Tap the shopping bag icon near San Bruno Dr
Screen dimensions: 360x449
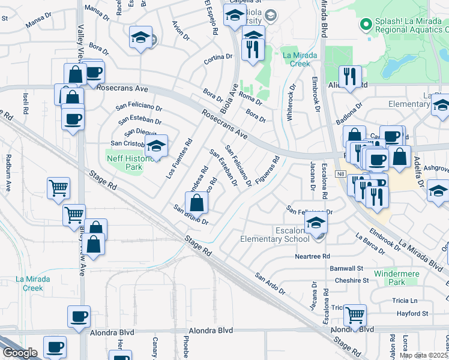(x=196, y=203)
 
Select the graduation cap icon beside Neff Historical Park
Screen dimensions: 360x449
(x=156, y=146)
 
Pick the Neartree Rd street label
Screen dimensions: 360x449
(x=313, y=256)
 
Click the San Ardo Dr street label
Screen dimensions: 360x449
(x=270, y=283)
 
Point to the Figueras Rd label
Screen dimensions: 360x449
(x=267, y=170)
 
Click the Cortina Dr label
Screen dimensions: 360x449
(x=218, y=58)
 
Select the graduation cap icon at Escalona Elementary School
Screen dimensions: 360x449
(x=316, y=223)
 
